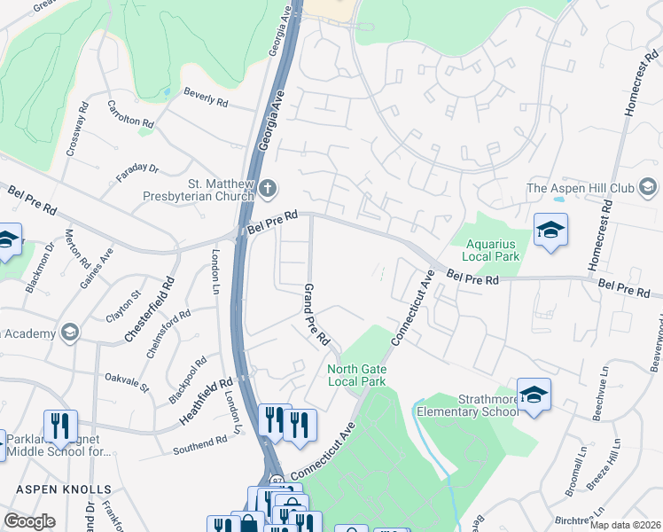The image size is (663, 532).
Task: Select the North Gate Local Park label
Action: [x=357, y=375]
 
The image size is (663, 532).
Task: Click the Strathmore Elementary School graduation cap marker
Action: [x=534, y=394]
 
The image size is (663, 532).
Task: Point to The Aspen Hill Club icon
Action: [x=649, y=187]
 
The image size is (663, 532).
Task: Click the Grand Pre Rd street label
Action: [x=316, y=315]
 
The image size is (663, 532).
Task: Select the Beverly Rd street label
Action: [x=206, y=98]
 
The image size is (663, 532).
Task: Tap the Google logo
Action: [x=29, y=521]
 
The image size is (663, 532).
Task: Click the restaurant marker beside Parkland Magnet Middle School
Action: [x=60, y=426]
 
